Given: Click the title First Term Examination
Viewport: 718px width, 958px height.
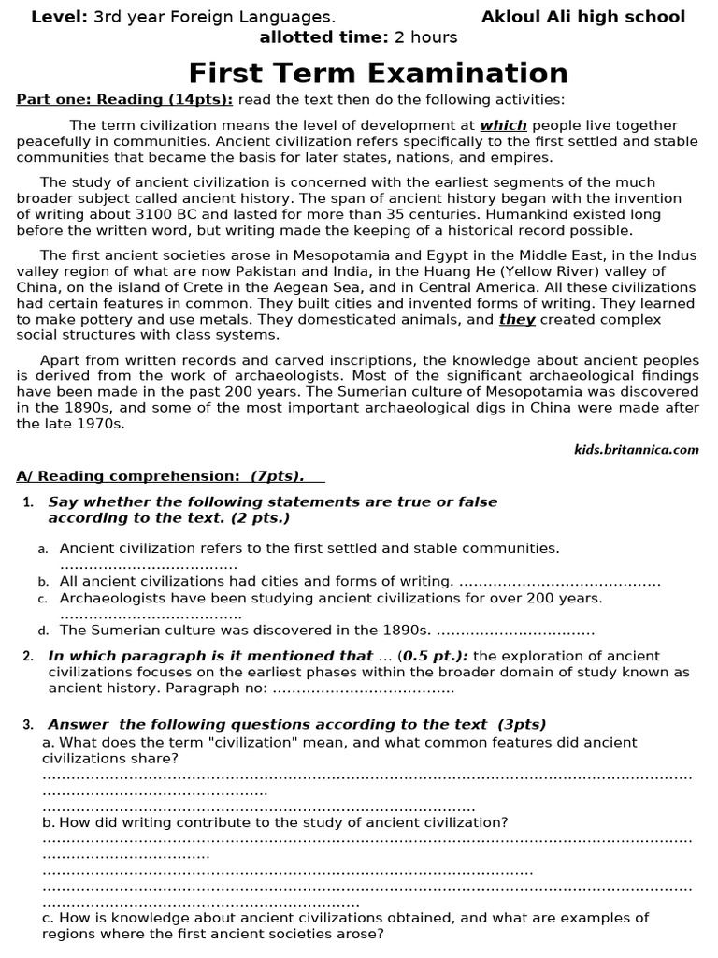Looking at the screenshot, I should tap(378, 73).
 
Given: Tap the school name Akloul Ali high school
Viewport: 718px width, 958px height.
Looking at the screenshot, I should tap(583, 17).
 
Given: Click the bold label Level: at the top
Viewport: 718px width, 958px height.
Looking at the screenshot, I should tap(60, 17).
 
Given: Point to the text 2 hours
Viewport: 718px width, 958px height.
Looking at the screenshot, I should tap(426, 37).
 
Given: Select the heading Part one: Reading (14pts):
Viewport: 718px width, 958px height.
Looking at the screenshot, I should tap(124, 100).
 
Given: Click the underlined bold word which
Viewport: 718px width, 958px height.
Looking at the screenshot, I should tap(504, 125).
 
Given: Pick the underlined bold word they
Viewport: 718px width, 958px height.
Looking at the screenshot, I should tap(517, 319).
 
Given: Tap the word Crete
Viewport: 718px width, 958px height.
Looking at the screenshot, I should tap(188, 287).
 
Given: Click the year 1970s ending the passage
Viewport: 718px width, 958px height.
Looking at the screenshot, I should tap(102, 423).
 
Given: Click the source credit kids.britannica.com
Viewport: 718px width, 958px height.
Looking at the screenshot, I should tap(636, 449).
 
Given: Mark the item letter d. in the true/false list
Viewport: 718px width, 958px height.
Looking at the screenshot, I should tap(43, 631).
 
